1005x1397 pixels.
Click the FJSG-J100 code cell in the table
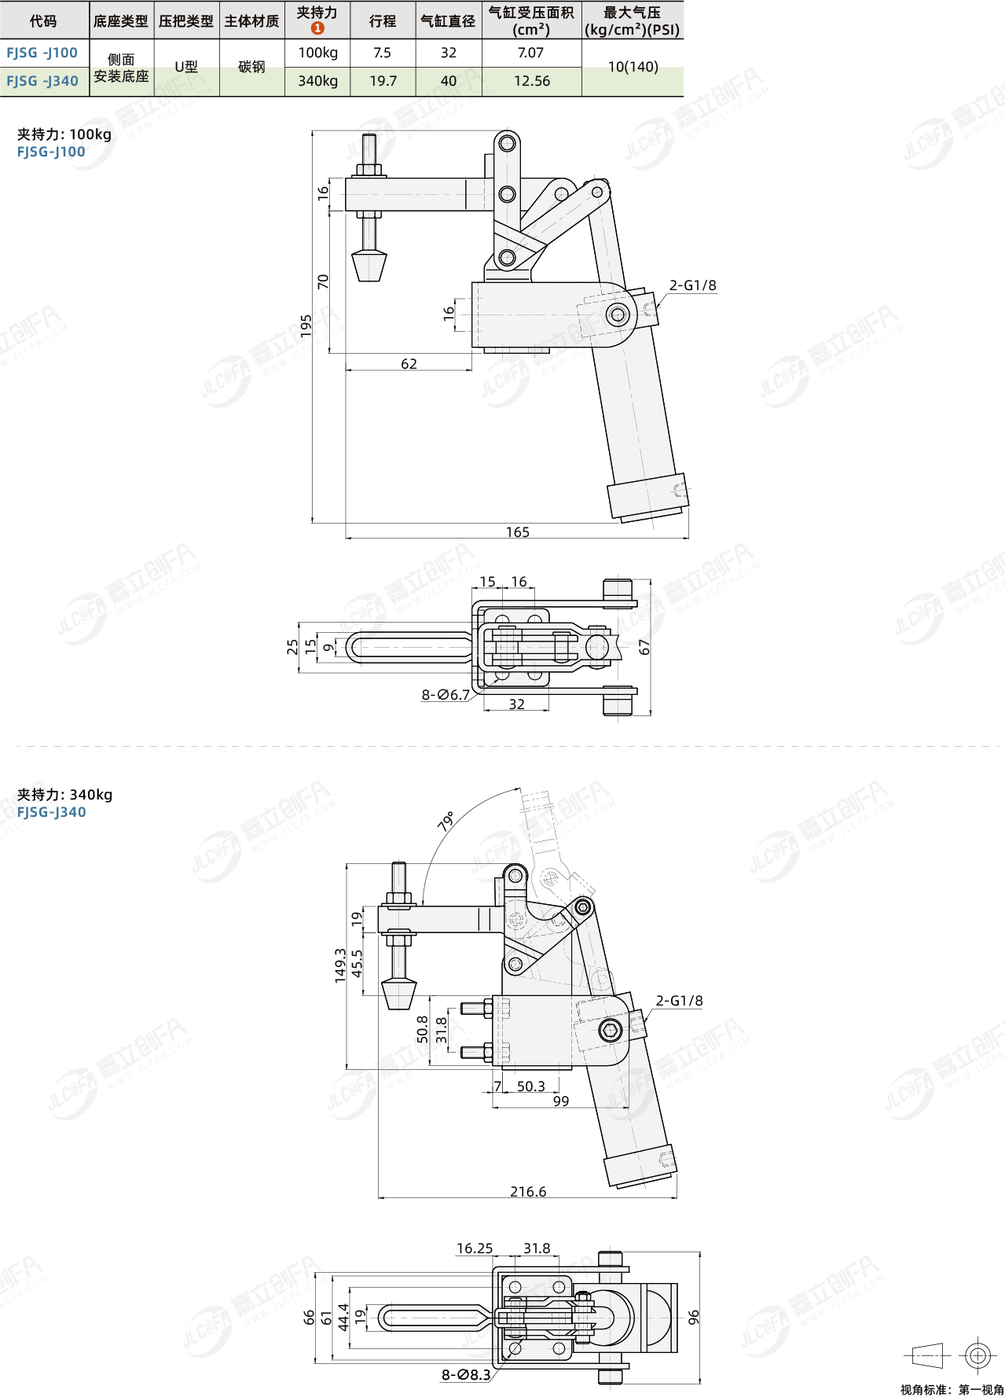click(42, 53)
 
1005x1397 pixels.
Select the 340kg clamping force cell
click(317, 81)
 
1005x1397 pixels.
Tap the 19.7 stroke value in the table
click(383, 81)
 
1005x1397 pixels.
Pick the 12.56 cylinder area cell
click(532, 81)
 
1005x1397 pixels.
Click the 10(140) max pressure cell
click(633, 68)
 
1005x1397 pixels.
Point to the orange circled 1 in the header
click(317, 28)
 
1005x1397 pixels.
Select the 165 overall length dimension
click(518, 532)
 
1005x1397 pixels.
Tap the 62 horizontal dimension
click(409, 364)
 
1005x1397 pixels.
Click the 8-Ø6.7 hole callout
click(446, 695)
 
